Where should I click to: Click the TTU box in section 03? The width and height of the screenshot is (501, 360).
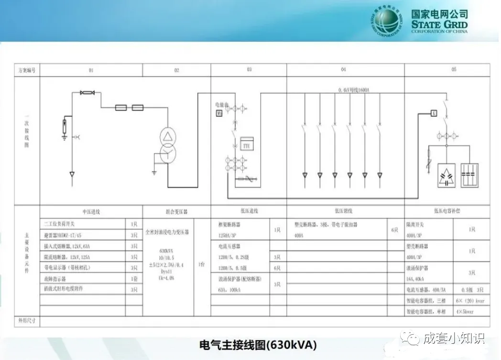(x=247, y=145)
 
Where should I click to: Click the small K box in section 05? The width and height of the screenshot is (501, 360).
(x=434, y=113)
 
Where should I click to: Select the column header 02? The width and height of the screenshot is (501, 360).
(x=176, y=70)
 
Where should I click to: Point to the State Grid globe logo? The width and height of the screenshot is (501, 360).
(x=388, y=22)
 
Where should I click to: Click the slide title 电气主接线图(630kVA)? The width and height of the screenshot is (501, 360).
(x=258, y=344)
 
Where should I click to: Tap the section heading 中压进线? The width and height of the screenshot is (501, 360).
(x=91, y=211)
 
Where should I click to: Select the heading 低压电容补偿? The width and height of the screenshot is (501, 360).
(x=447, y=211)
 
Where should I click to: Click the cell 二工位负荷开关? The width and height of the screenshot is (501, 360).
(x=59, y=223)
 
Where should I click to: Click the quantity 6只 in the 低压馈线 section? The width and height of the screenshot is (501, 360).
(x=394, y=229)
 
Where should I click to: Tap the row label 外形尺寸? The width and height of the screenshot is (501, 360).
(x=27, y=320)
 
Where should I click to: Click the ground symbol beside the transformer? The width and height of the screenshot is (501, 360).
(x=154, y=171)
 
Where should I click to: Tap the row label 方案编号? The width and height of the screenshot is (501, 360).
(x=27, y=70)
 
